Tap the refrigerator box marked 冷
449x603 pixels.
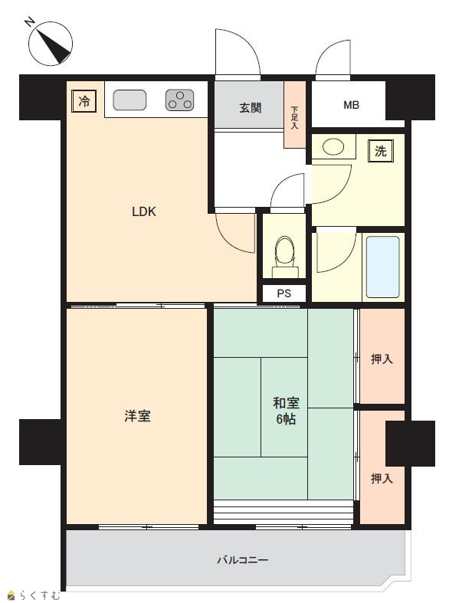click(84, 101)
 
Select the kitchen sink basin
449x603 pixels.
click(129, 100)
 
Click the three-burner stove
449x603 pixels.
click(180, 100)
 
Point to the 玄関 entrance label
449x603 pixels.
click(251, 108)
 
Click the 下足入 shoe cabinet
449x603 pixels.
click(295, 115)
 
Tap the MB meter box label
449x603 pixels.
click(352, 105)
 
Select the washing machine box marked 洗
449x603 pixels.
click(381, 151)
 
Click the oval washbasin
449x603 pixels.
click(333, 146)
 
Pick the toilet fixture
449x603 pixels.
click(284, 257)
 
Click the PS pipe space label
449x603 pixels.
click(284, 293)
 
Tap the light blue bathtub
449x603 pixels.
click(383, 267)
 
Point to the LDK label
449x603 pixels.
click(144, 211)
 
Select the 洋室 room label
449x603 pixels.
click(137, 416)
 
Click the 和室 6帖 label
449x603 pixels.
click(286, 411)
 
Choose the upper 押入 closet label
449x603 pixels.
click(382, 359)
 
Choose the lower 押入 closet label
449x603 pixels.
click(382, 478)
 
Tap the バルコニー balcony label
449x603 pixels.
click(243, 559)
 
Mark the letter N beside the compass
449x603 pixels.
click(29, 22)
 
